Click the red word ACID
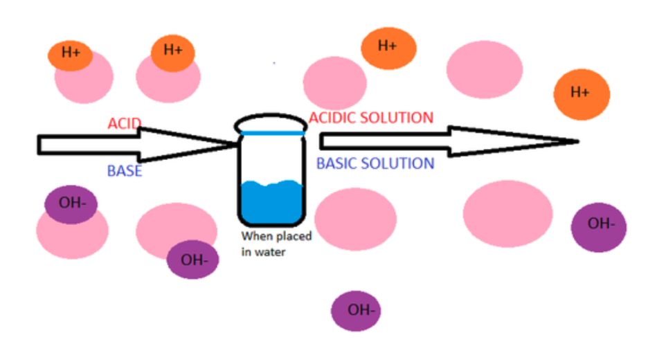125,124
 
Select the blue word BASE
125,170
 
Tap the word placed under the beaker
295,237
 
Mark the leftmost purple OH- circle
71,204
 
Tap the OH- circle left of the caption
192,260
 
